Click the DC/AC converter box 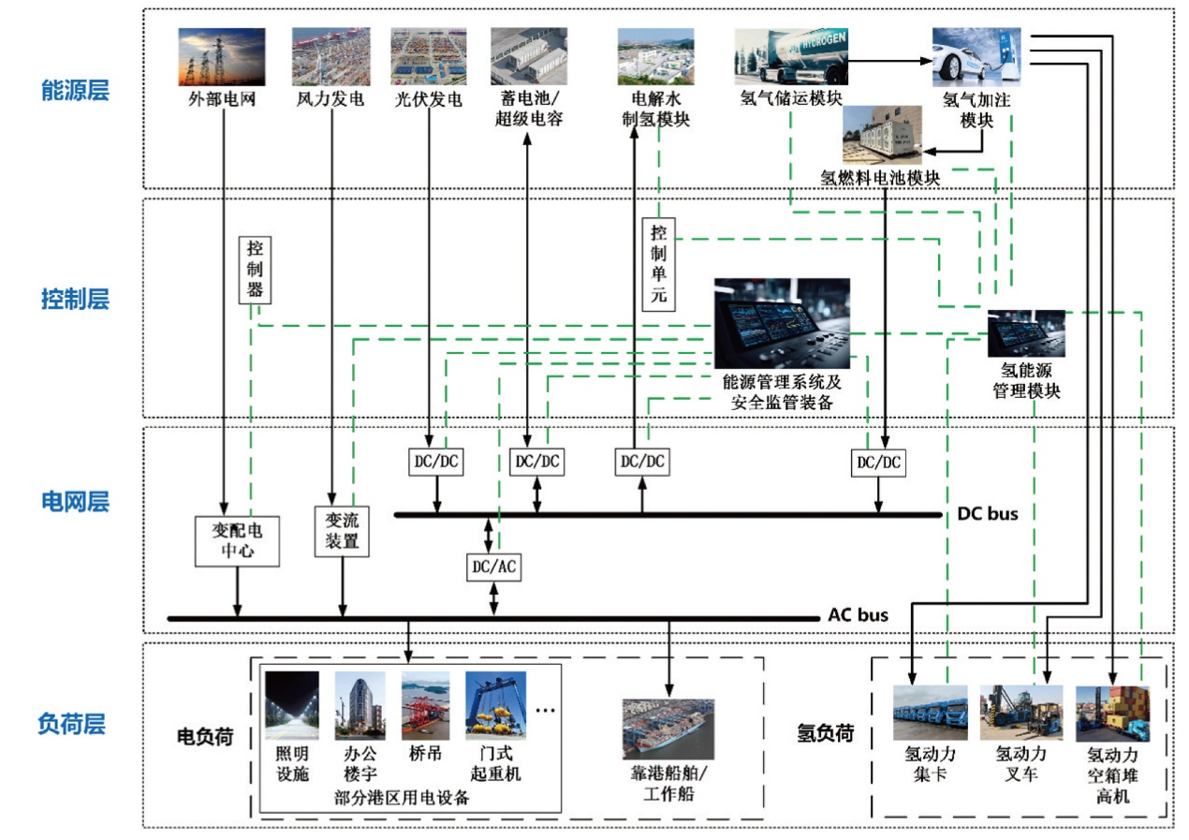pos(493,567)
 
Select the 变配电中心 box pos(237,541)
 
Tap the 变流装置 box pos(342,532)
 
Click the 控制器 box pos(255,270)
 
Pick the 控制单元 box pos(659,264)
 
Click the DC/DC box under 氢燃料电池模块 pos(878,463)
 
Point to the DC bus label pos(988,513)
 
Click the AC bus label pos(859,615)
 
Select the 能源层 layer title pos(76,90)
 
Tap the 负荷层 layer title pos(72,724)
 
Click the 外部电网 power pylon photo pos(221,57)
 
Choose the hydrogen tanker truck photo pos(791,57)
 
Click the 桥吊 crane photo pos(425,706)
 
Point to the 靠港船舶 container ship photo pos(668,729)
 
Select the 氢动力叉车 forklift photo pos(1021,713)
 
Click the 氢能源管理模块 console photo pos(1026,333)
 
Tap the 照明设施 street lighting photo pos(292,706)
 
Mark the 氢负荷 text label pos(826,733)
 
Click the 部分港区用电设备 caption pos(402,798)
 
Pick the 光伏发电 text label pos(429,99)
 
